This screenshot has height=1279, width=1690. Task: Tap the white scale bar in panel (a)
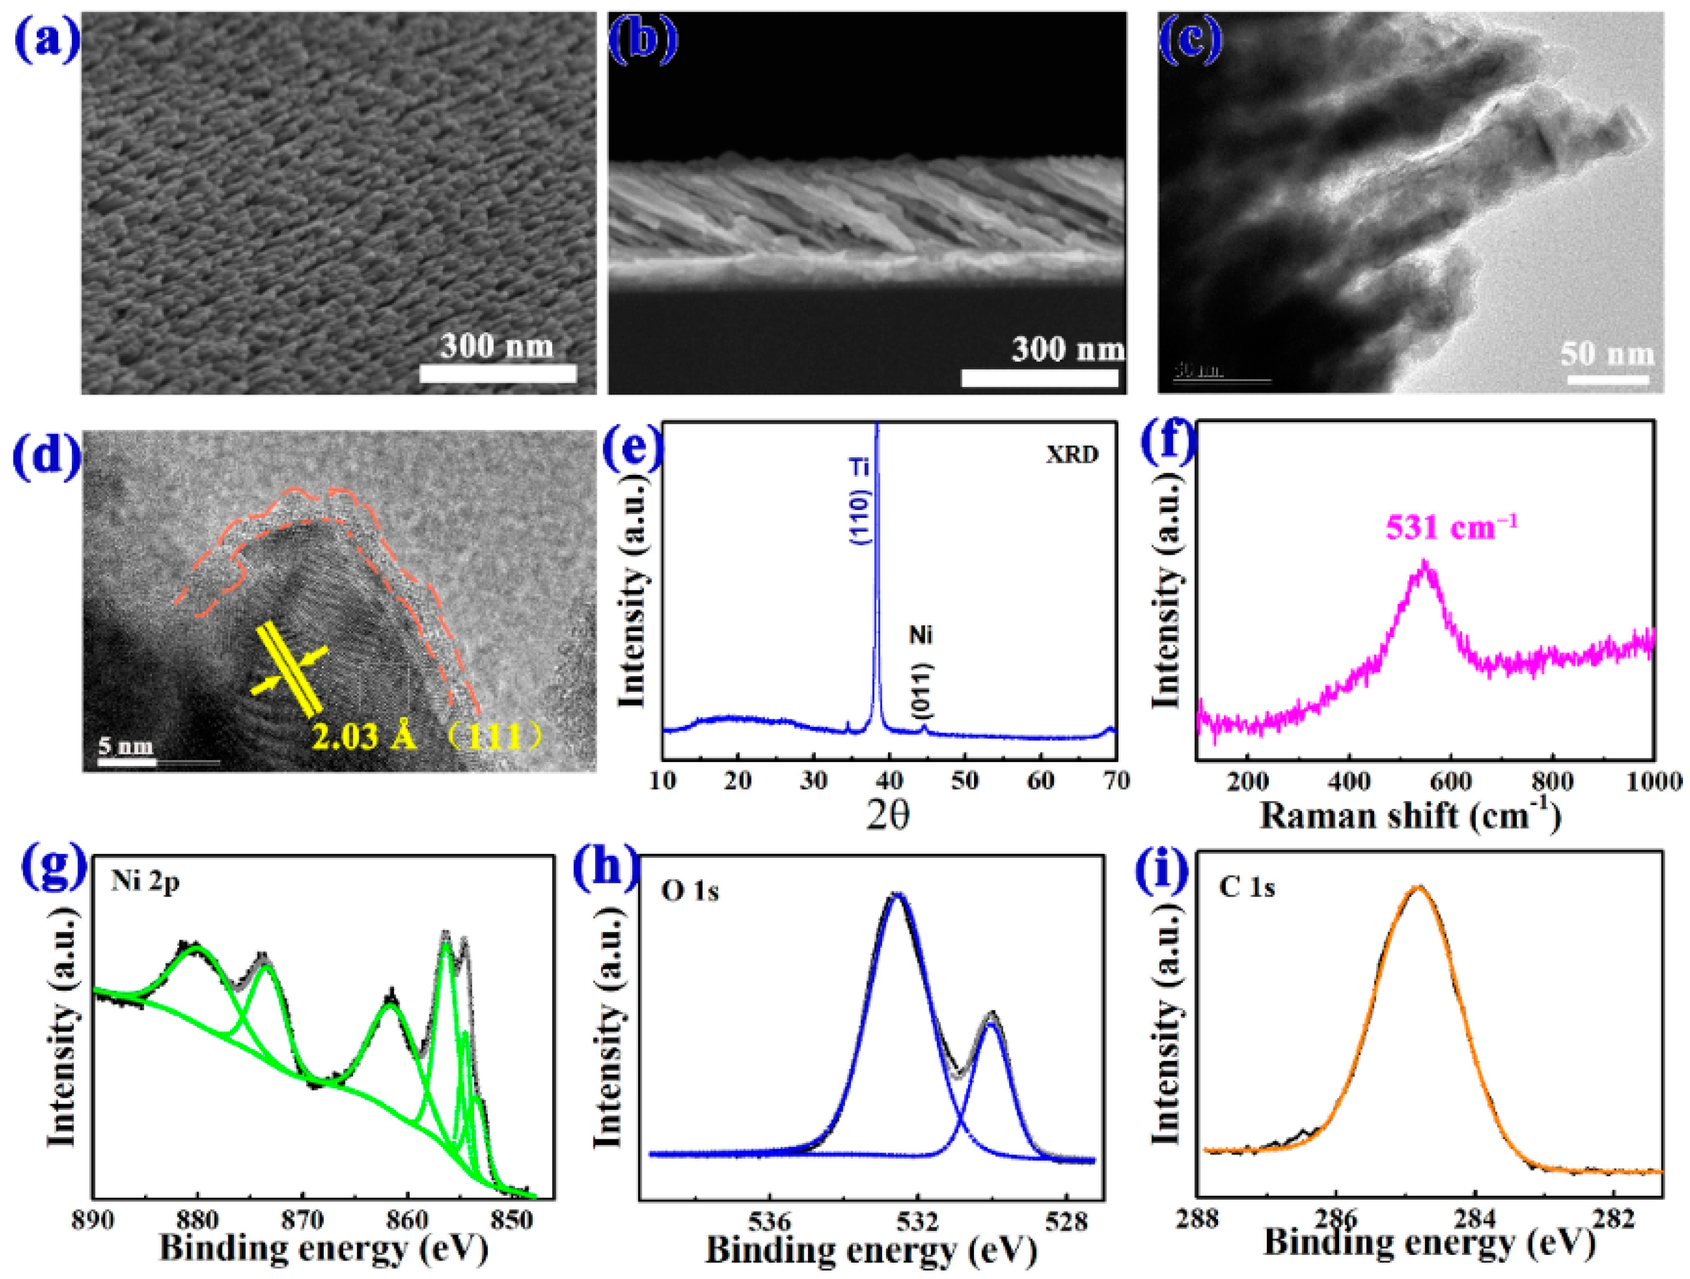[x=498, y=373]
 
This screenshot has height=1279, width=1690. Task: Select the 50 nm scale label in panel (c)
[x=1607, y=354]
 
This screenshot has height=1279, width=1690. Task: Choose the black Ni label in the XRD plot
[x=921, y=635]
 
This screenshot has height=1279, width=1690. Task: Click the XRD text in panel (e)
[x=1072, y=455]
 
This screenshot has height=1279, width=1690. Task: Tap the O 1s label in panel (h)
[x=690, y=891]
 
